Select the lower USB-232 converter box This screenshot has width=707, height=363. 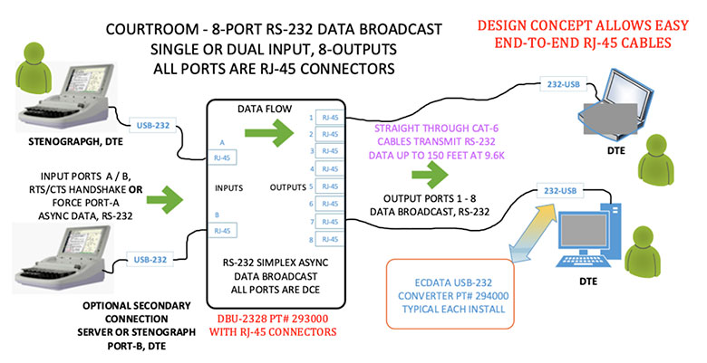[150, 260]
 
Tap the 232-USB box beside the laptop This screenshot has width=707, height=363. [557, 83]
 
